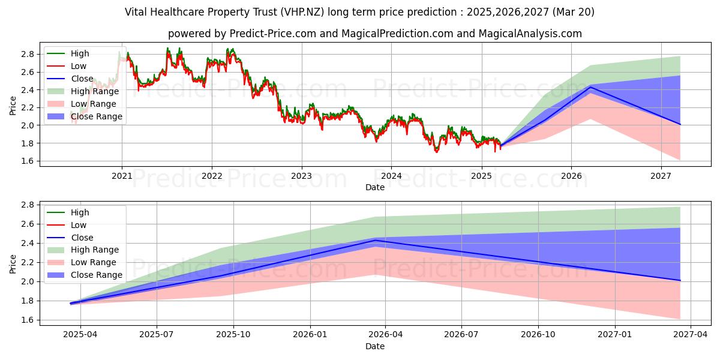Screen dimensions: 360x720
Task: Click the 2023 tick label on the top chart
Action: [x=301, y=176]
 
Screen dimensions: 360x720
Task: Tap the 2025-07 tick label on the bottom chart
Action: [x=157, y=335]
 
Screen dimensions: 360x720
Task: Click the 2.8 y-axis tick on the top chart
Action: [x=28, y=54]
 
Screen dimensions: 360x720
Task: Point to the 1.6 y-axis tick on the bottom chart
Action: [x=28, y=320]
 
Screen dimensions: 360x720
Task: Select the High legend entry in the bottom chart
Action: [x=80, y=212]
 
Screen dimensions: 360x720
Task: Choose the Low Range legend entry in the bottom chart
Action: [x=94, y=262]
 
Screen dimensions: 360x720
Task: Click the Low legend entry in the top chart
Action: [x=79, y=66]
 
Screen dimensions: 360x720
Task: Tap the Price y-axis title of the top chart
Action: [x=13, y=106]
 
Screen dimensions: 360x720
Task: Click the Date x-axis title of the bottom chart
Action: [x=375, y=346]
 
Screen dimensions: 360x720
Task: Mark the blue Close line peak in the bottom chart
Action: [x=375, y=241]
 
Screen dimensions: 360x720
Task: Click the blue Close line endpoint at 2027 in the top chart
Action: [x=680, y=124]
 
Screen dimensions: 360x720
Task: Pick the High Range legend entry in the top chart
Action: [x=95, y=91]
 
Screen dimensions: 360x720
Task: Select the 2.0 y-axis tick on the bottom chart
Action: [x=28, y=281]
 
